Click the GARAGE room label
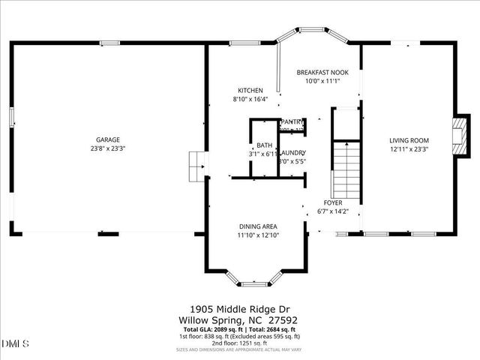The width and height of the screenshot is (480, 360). [x=107, y=139]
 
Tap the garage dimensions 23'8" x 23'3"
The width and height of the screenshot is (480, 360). [x=107, y=148]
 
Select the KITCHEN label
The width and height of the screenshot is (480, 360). [x=250, y=90]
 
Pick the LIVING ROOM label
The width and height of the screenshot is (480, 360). [x=409, y=139]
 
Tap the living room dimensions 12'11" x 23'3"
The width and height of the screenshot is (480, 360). [x=409, y=148]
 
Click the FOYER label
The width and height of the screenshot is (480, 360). [x=333, y=203]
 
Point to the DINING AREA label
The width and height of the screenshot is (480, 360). [x=258, y=226]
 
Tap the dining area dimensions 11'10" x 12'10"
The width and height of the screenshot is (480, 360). [x=258, y=235]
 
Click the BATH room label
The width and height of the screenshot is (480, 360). [x=264, y=145]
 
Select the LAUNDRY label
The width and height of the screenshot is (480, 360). [x=292, y=153]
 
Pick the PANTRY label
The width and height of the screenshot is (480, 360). [x=292, y=121]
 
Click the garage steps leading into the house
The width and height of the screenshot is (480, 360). [x=196, y=166]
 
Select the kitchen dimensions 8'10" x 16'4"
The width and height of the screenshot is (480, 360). [x=250, y=99]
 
